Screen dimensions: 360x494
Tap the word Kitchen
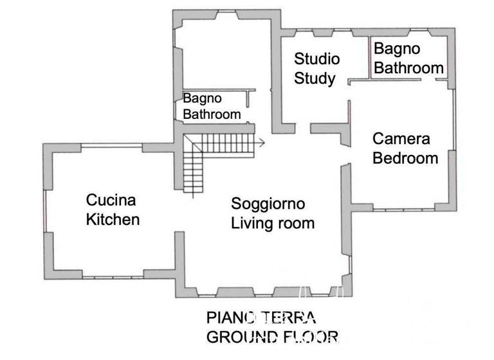(113, 219)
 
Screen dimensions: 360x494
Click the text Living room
(273, 224)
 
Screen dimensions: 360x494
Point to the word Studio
(316, 59)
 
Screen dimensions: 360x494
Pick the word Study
(315, 79)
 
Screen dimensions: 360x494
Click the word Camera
(401, 138)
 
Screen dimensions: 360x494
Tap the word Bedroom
(405, 158)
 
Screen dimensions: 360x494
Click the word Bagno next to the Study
(397, 48)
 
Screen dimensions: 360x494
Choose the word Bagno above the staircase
(202, 98)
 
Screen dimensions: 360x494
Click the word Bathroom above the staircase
(212, 114)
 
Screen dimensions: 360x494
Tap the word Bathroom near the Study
(408, 67)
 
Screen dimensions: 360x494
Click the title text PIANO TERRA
(261, 318)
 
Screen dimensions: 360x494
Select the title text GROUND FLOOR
(271, 337)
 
